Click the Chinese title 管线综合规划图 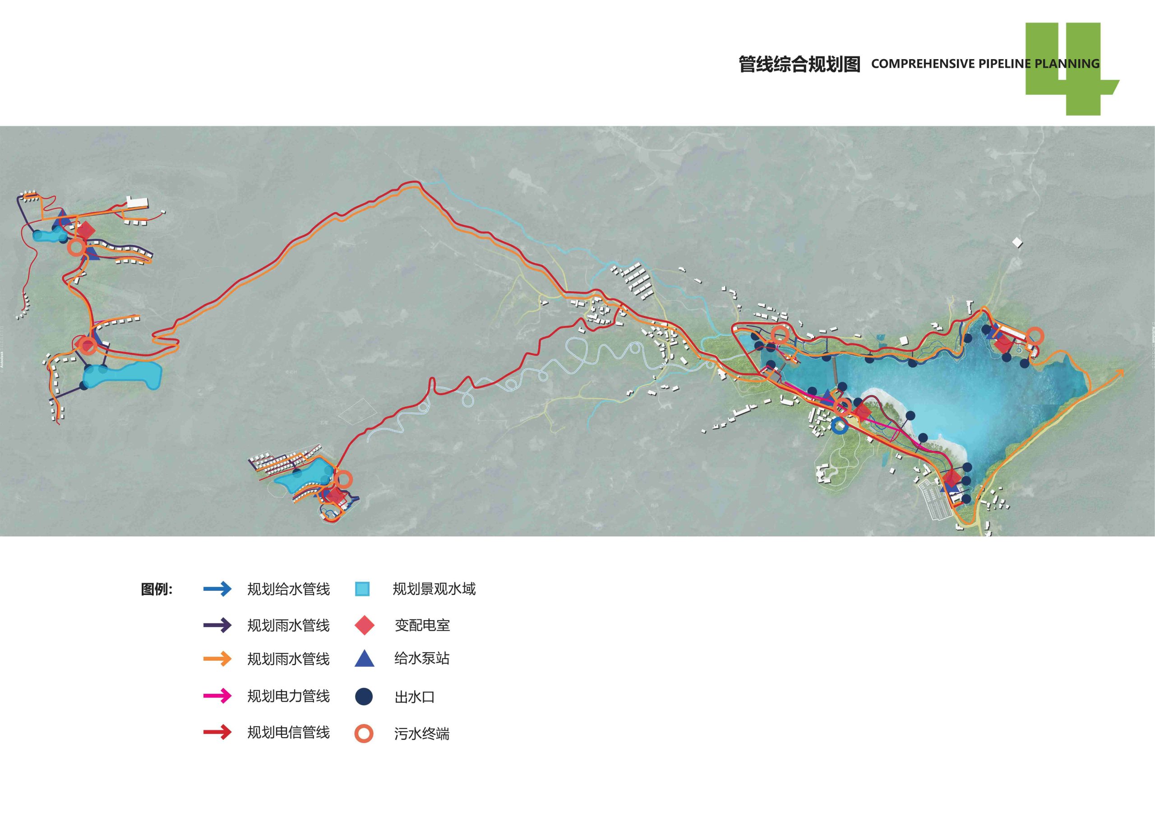[799, 65]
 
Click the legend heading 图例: [157, 590]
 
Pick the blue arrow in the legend [217, 589]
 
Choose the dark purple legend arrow [217, 625]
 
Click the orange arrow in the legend [217, 659]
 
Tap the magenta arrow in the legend [217, 696]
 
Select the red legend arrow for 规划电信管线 [217, 733]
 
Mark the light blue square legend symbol [362, 589]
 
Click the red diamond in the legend [364, 625]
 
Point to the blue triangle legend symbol [364, 659]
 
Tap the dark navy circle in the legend [364, 696]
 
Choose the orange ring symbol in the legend [364, 733]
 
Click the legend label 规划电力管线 [288, 696]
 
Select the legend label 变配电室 [422, 625]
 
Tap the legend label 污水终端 [421, 734]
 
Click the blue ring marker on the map [839, 426]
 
